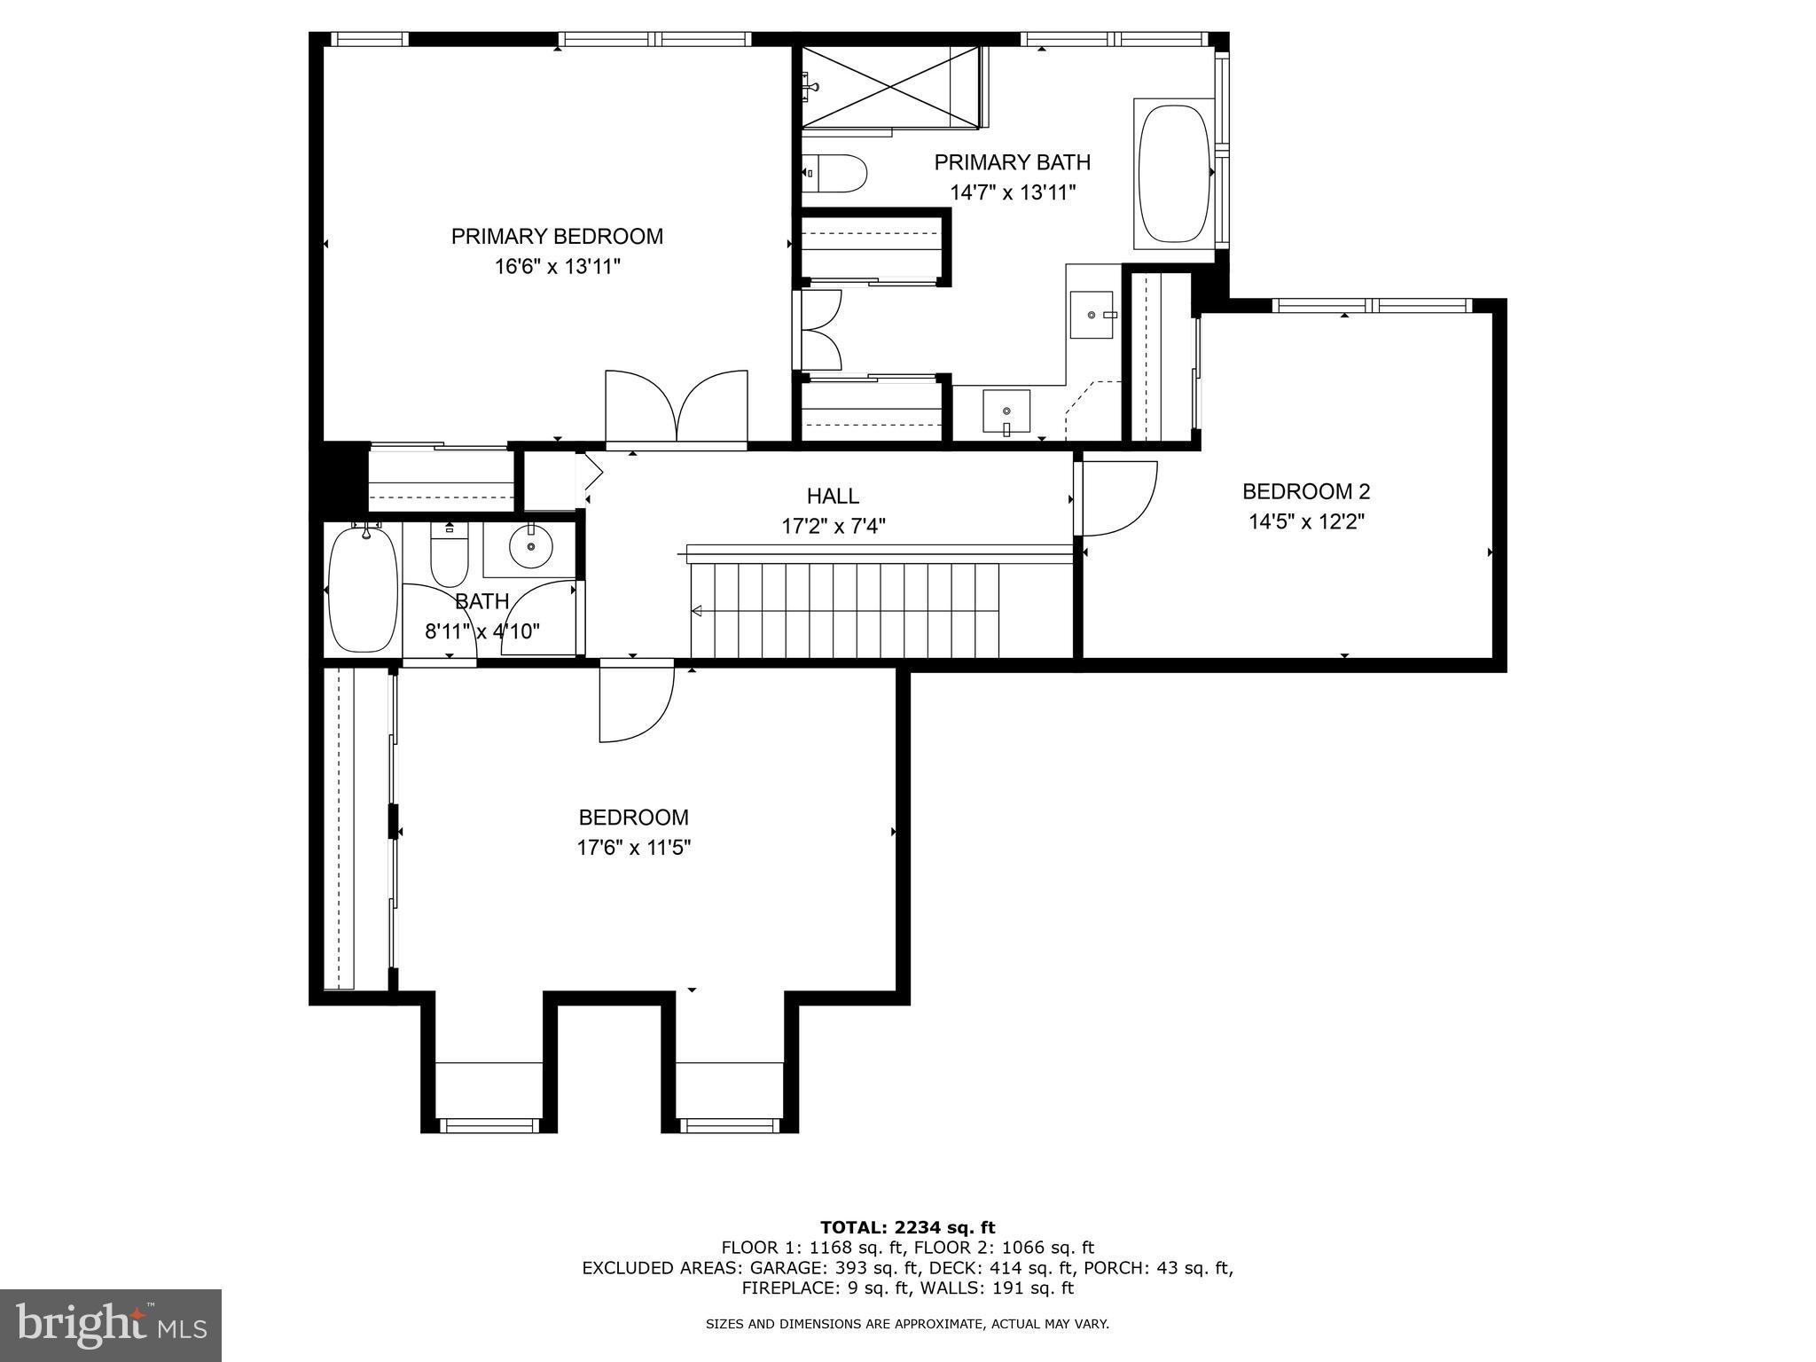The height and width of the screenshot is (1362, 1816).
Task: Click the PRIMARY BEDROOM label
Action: pyautogui.click(x=557, y=237)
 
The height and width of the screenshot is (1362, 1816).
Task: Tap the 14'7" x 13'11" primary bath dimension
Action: pyautogui.click(x=1013, y=192)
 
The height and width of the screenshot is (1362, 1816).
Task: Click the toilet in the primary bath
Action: pyautogui.click(x=834, y=174)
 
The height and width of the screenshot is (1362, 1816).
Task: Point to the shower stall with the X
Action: pyautogui.click(x=890, y=87)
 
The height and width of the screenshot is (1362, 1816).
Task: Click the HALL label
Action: pyautogui.click(x=833, y=496)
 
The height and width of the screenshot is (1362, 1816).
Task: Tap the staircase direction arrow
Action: pyautogui.click(x=697, y=611)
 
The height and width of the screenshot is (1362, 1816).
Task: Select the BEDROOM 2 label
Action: pyautogui.click(x=1305, y=491)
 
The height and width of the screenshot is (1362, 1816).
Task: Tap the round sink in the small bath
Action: pyautogui.click(x=531, y=544)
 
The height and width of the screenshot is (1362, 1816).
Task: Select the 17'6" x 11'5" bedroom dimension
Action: pyautogui.click(x=633, y=848)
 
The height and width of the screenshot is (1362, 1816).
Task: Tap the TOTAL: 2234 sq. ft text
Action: pyautogui.click(x=907, y=1227)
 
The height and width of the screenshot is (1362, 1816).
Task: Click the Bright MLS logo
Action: pyautogui.click(x=111, y=1325)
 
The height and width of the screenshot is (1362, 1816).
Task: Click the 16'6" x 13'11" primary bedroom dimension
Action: pyautogui.click(x=557, y=267)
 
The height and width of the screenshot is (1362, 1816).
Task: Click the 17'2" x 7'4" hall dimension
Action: pyautogui.click(x=833, y=527)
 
